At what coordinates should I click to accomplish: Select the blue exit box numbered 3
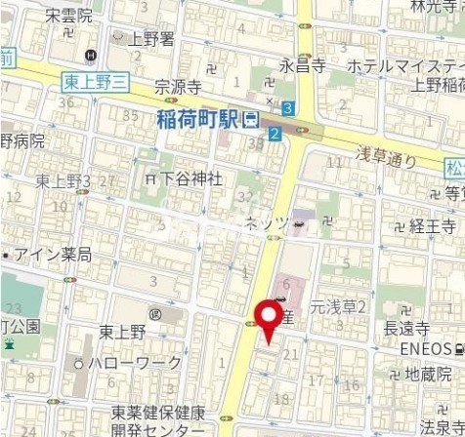coord(288,106)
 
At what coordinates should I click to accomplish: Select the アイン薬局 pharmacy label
coord(54,255)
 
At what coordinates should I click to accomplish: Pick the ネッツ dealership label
coord(267,223)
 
